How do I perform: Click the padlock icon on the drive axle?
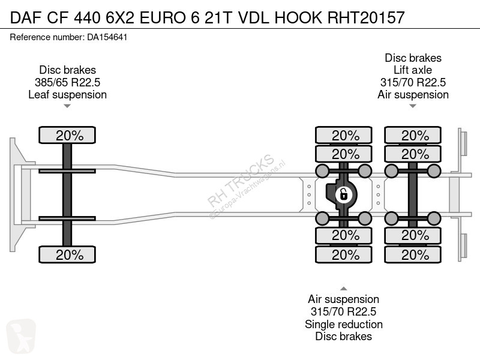coord(343,194)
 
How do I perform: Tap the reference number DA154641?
coord(107,37)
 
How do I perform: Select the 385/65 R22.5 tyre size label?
coord(67,82)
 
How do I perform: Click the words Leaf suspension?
coord(67,95)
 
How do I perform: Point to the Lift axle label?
coord(413,70)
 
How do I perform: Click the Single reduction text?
coord(343,324)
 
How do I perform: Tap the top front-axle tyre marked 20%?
coord(67,135)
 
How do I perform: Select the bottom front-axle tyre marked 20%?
coord(67,254)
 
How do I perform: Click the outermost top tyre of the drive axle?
coord(343,135)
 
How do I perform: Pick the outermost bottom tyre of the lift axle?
coord(413,254)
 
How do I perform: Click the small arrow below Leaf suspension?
coord(67,106)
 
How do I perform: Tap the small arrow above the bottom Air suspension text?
coord(343,289)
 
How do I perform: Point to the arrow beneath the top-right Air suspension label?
coord(413,106)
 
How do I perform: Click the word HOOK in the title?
coord(298,17)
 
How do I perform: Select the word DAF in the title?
coord(26,17)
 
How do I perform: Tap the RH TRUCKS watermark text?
coord(241,181)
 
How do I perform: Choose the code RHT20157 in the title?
coord(366,17)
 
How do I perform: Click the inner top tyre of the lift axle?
coord(413,154)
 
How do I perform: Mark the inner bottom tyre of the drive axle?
coord(343,236)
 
